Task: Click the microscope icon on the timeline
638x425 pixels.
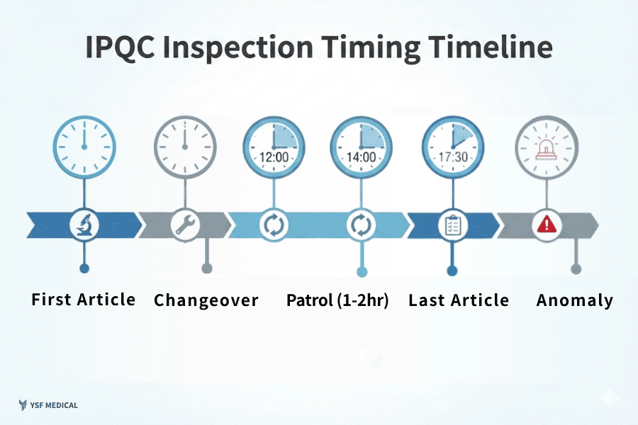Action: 84,225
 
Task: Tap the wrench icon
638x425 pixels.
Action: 185,225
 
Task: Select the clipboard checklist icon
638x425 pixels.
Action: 452,225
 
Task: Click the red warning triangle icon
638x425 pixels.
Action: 547,225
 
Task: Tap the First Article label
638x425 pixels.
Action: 84,300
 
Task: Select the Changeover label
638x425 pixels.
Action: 206,300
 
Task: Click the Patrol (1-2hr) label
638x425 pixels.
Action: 337,300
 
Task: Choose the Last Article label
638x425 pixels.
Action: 459,300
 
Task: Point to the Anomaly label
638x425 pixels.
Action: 575,300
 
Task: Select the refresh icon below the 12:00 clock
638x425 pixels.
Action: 272,225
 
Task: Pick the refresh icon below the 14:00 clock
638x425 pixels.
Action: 360,225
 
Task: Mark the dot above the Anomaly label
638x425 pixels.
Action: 576,268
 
